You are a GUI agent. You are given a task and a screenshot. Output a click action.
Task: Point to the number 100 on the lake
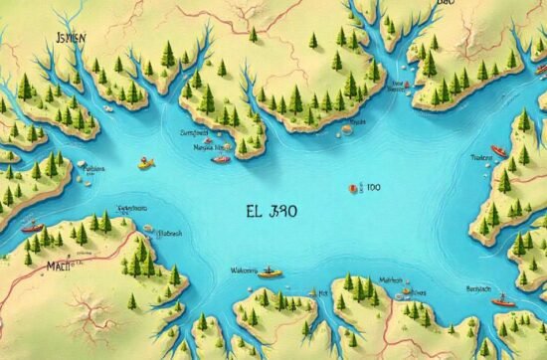pos(372,186)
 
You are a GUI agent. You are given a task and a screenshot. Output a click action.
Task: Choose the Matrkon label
pos(390,281)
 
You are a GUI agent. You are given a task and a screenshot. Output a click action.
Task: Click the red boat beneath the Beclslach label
pos(503,298)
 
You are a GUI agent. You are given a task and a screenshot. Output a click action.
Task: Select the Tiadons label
pos(482,156)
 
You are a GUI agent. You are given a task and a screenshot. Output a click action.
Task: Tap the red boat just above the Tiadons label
pos(499,151)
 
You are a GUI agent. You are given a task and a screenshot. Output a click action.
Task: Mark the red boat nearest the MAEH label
pos(32,227)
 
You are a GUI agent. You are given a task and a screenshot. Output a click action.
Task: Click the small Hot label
pos(323,294)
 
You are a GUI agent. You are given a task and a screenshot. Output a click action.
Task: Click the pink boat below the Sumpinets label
pos(221,158)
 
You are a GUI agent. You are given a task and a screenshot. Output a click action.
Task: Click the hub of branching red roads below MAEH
pos(88,320)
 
